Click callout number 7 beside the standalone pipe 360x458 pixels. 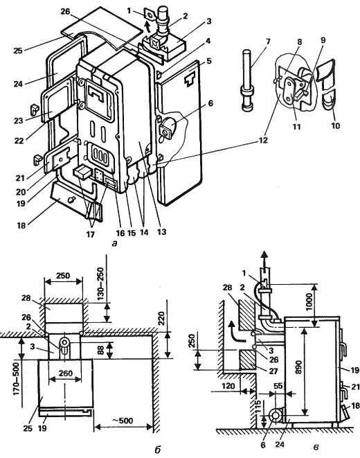tap(267, 42)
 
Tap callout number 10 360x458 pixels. tap(336, 125)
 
